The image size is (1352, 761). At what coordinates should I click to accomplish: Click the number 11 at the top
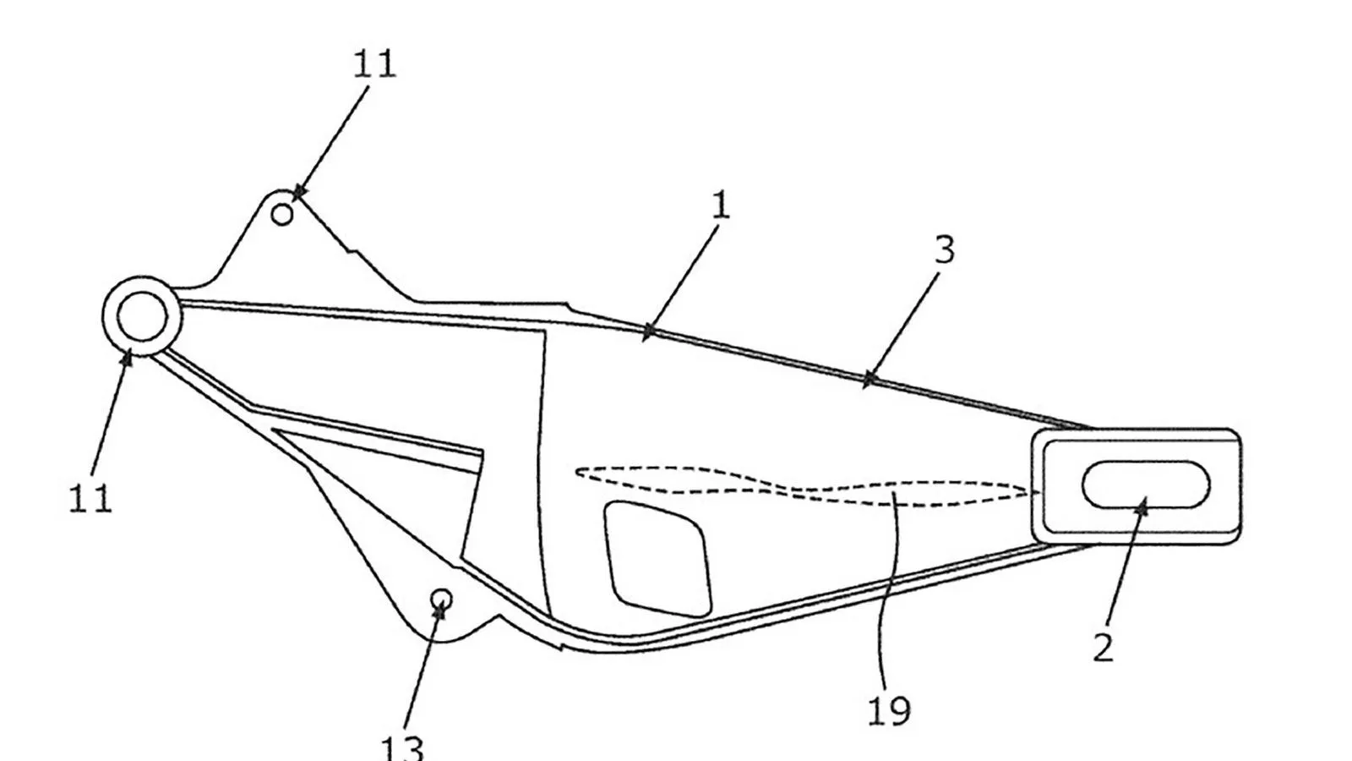[374, 64]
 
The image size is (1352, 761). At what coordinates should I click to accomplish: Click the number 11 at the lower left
[90, 499]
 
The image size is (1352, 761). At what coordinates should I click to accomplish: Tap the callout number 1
[721, 205]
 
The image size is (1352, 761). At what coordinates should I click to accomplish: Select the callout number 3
[946, 249]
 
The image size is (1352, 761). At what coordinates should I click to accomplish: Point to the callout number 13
[402, 747]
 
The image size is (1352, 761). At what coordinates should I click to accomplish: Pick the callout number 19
[889, 710]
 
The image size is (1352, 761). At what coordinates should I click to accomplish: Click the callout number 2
[1104, 649]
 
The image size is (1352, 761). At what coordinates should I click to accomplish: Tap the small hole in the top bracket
[282, 215]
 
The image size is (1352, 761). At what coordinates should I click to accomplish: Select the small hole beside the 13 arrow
[442, 599]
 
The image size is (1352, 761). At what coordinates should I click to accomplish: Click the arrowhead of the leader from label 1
[647, 333]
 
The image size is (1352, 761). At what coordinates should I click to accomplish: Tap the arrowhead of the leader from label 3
[869, 380]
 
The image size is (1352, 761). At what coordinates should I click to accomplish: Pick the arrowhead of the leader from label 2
[1142, 506]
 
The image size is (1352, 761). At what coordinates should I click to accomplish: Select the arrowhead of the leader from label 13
[440, 609]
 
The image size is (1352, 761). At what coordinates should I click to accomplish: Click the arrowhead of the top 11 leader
[299, 193]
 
